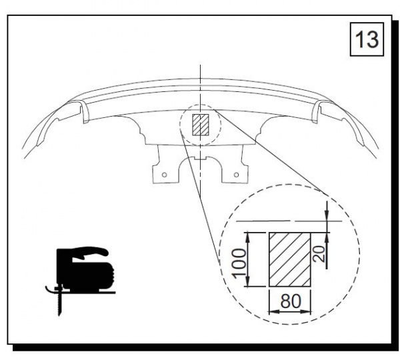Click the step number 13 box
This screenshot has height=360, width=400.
tap(367, 39)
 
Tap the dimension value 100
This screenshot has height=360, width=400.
tap(239, 263)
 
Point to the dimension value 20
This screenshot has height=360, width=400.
tap(319, 254)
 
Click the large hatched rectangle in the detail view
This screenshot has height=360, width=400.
tap(290, 259)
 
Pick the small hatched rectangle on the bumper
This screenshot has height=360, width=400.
tap(201, 125)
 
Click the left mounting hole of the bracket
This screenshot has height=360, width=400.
tap(165, 175)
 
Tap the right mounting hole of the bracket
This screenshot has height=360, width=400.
tap(237, 175)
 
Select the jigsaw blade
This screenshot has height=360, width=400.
tap(59, 303)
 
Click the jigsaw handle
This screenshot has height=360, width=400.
tap(89, 251)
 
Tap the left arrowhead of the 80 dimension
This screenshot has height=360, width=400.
tap(273, 312)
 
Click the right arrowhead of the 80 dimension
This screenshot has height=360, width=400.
tap(307, 312)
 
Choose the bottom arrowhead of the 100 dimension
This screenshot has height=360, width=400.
tap(247, 282)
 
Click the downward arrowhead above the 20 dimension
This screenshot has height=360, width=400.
tap(327, 215)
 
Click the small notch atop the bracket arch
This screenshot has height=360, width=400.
tap(200, 159)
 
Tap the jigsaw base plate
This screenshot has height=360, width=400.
tap(87, 291)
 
